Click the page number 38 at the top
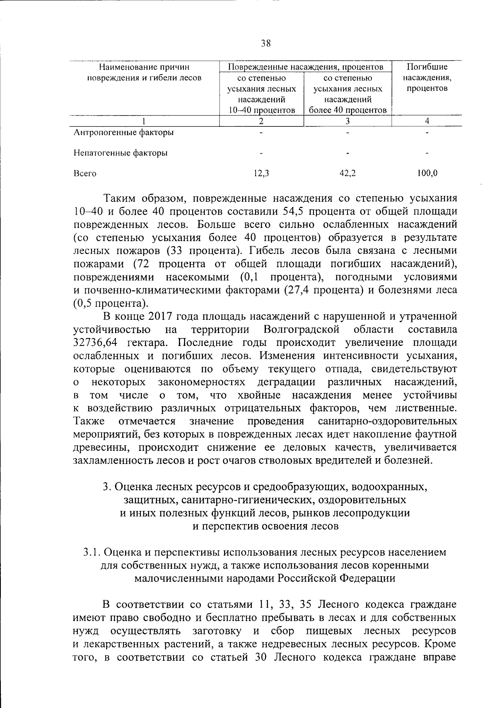click(265, 43)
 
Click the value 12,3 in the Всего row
click(261, 174)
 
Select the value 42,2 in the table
click(347, 174)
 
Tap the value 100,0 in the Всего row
click(427, 174)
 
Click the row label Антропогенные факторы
click(123, 133)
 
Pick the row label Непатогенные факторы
click(121, 153)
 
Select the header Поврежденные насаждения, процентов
click(306, 67)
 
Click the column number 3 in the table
click(347, 121)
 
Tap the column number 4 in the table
click(427, 121)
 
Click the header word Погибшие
click(427, 67)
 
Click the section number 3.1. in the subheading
click(92, 552)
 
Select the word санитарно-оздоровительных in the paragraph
click(388, 421)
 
